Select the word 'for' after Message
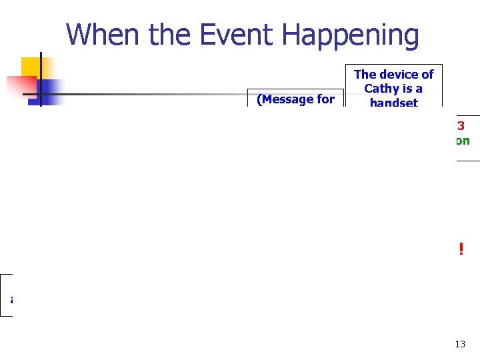[325, 99]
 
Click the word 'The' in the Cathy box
[365, 75]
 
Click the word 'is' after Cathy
[406, 89]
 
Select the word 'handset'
[393, 103]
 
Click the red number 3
[461, 125]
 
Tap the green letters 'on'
[463, 141]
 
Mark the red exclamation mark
[460, 249]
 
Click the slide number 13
[460, 344]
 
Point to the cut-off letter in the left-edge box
[11, 299]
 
